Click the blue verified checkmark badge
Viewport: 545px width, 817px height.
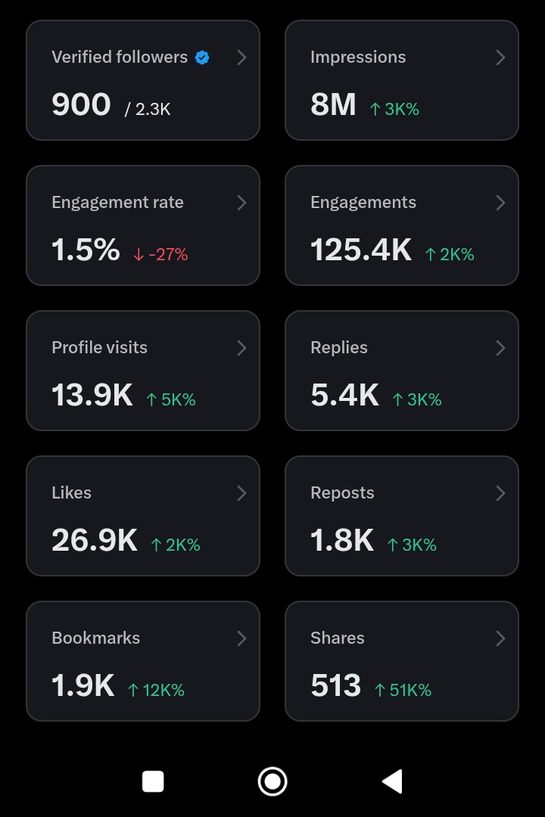tap(202, 57)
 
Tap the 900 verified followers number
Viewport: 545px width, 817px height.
tap(81, 104)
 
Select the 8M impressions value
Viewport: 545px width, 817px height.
tap(333, 104)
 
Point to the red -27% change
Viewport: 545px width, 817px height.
tap(160, 254)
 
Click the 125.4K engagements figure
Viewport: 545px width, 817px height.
tap(361, 250)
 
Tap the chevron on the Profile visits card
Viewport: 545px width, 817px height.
tap(241, 348)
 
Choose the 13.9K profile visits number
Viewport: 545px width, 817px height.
tap(92, 395)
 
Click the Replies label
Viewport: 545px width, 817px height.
tap(339, 348)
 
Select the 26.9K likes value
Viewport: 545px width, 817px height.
tap(95, 540)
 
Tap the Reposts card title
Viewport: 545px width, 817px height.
tap(342, 493)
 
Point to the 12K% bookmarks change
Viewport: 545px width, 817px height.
tap(156, 690)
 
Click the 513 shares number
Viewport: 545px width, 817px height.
tap(335, 685)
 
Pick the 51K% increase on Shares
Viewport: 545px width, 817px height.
tap(403, 690)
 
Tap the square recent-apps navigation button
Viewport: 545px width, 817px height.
tap(153, 781)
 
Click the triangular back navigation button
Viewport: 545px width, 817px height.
tap(392, 781)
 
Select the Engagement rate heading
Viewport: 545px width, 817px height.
tap(117, 203)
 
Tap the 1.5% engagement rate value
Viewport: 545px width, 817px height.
tap(86, 250)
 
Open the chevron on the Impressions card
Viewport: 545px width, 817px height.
tap(500, 57)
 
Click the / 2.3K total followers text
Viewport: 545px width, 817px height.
tap(148, 109)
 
